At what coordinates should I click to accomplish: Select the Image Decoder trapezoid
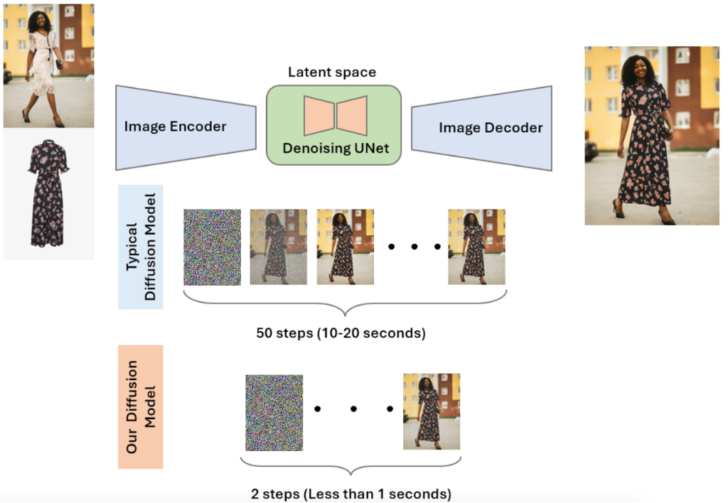pos(482,128)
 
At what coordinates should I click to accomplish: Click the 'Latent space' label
pos(332,72)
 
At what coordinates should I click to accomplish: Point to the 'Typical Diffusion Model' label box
pos(141,247)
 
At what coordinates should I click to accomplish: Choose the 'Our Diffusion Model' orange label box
pos(141,406)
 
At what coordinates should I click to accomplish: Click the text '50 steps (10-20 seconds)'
pos(341,332)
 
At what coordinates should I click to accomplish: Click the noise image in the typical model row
pos(212,247)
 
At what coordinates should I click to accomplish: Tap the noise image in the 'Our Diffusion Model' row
pos(274,413)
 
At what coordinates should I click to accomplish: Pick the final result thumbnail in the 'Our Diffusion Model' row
pos(431,411)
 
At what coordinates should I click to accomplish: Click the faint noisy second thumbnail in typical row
pos(278,247)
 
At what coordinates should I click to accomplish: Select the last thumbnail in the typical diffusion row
pos(476,247)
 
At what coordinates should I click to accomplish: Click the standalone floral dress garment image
pos(48,193)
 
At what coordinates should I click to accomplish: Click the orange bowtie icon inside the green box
pos(336,116)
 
